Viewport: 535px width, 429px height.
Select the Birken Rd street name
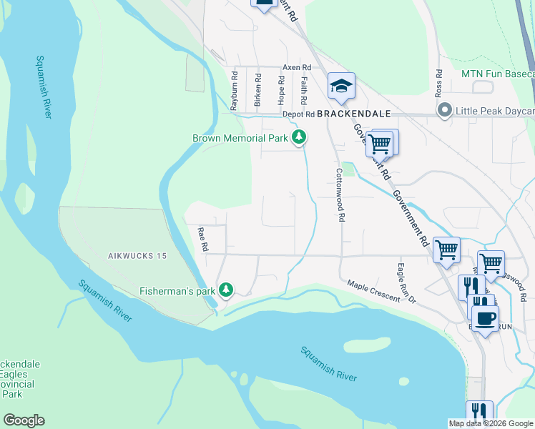[x=257, y=86]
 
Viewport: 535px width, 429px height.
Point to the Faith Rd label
[x=304, y=88]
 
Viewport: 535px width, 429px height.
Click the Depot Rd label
[x=298, y=114]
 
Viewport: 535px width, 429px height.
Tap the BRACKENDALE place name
[x=354, y=114]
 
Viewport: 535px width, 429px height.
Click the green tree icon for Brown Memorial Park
[x=300, y=137]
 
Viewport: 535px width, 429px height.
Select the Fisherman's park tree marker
[x=226, y=290]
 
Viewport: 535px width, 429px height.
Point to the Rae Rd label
[x=203, y=239]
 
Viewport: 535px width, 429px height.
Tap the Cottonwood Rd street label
[x=341, y=194]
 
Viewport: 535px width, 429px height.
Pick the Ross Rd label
[x=439, y=86]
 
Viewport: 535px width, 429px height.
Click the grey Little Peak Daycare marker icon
[x=444, y=111]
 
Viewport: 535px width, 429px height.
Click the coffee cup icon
[x=485, y=318]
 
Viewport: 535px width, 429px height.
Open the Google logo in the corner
[x=24, y=420]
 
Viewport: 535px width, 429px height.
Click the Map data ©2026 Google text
[x=491, y=423]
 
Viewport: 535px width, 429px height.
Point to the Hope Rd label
[x=281, y=87]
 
